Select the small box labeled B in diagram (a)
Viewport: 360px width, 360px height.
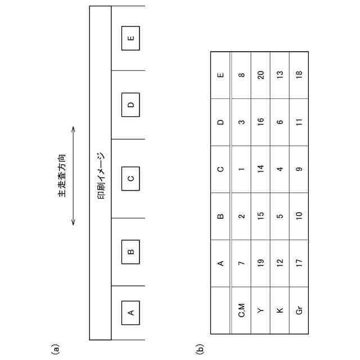click(130, 251)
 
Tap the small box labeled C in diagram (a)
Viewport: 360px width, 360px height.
click(130, 179)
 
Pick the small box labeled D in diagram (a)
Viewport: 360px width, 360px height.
click(130, 105)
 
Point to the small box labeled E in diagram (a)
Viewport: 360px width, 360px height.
click(130, 38)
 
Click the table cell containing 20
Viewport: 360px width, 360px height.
click(260, 75)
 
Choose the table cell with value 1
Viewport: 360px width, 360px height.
click(241, 169)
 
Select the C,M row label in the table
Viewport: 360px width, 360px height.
click(241, 311)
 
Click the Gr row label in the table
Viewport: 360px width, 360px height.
click(299, 311)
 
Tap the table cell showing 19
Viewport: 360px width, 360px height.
click(260, 263)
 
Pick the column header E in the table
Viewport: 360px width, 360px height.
click(220, 75)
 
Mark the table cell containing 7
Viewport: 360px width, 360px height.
click(241, 263)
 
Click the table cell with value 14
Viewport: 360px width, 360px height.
click(260, 169)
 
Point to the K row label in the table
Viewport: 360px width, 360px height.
click(280, 311)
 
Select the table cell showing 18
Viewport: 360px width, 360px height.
click(299, 75)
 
